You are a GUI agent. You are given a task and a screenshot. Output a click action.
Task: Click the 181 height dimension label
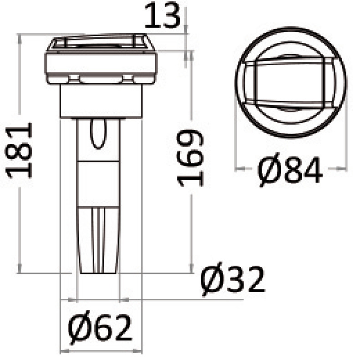coord(20,150)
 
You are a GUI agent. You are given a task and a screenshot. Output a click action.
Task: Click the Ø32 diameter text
coord(232,281)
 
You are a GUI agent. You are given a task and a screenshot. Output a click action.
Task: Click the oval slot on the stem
coord(97,134)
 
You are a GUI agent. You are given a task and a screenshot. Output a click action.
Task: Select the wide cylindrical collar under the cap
coord(101,101)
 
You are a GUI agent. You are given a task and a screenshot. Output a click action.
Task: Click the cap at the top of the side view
coord(101,61)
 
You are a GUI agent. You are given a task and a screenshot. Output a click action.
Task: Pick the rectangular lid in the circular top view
coord(290,82)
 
